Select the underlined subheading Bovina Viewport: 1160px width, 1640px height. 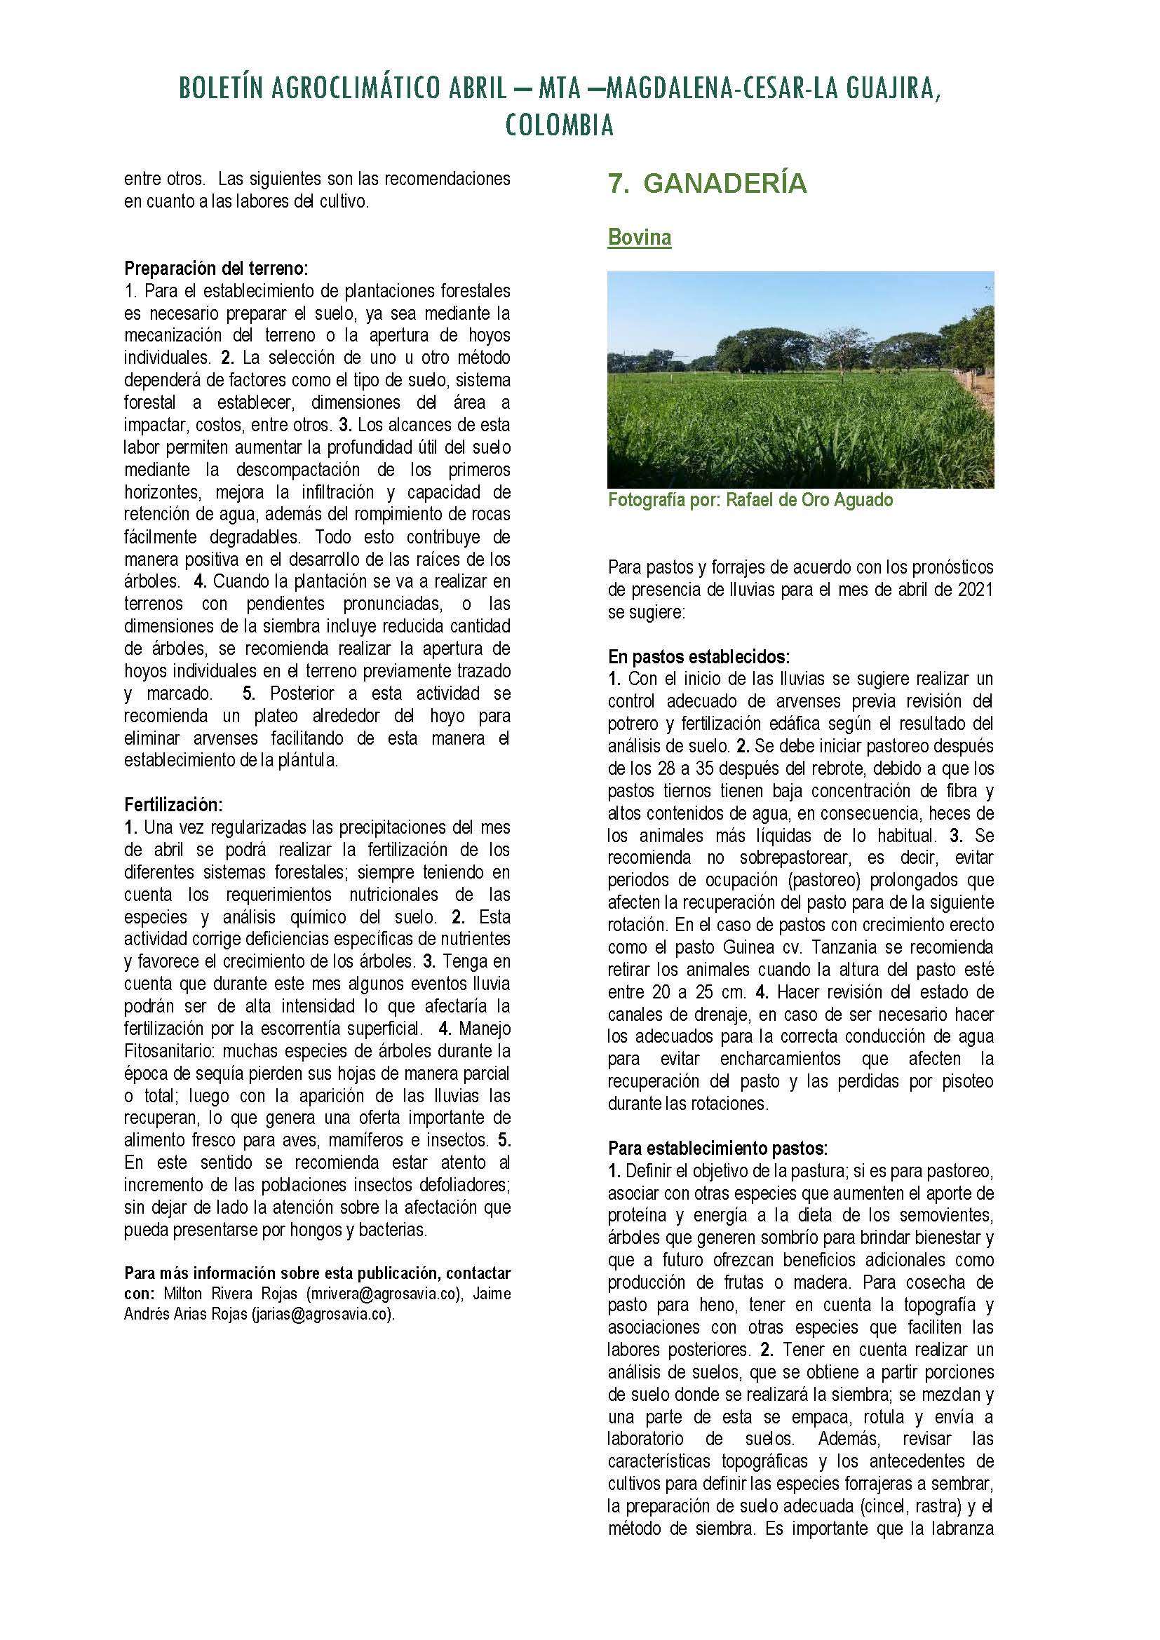640,238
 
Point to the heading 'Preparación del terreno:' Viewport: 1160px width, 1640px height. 217,269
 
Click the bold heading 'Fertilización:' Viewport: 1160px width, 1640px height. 173,805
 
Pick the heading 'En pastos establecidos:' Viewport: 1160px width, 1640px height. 699,656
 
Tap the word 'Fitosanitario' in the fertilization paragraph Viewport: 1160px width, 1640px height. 171,1052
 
